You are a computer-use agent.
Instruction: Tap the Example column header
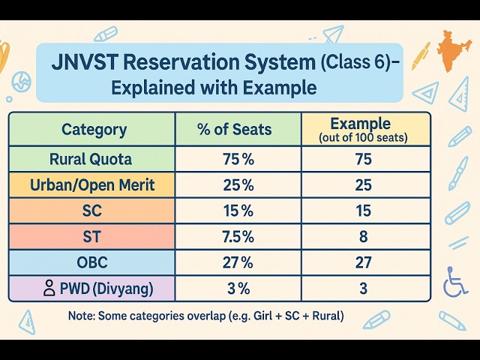point(364,128)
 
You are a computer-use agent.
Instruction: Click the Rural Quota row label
point(92,159)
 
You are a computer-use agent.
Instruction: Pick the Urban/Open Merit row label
point(92,184)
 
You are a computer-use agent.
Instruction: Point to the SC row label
point(92,211)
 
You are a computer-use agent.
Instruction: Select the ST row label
point(92,236)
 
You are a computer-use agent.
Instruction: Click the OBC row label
point(92,262)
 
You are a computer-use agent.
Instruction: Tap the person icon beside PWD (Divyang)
point(49,287)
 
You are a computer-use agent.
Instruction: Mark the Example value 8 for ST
point(365,236)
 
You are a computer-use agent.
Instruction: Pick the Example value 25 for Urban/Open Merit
point(365,184)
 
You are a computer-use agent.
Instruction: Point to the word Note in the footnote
point(81,316)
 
